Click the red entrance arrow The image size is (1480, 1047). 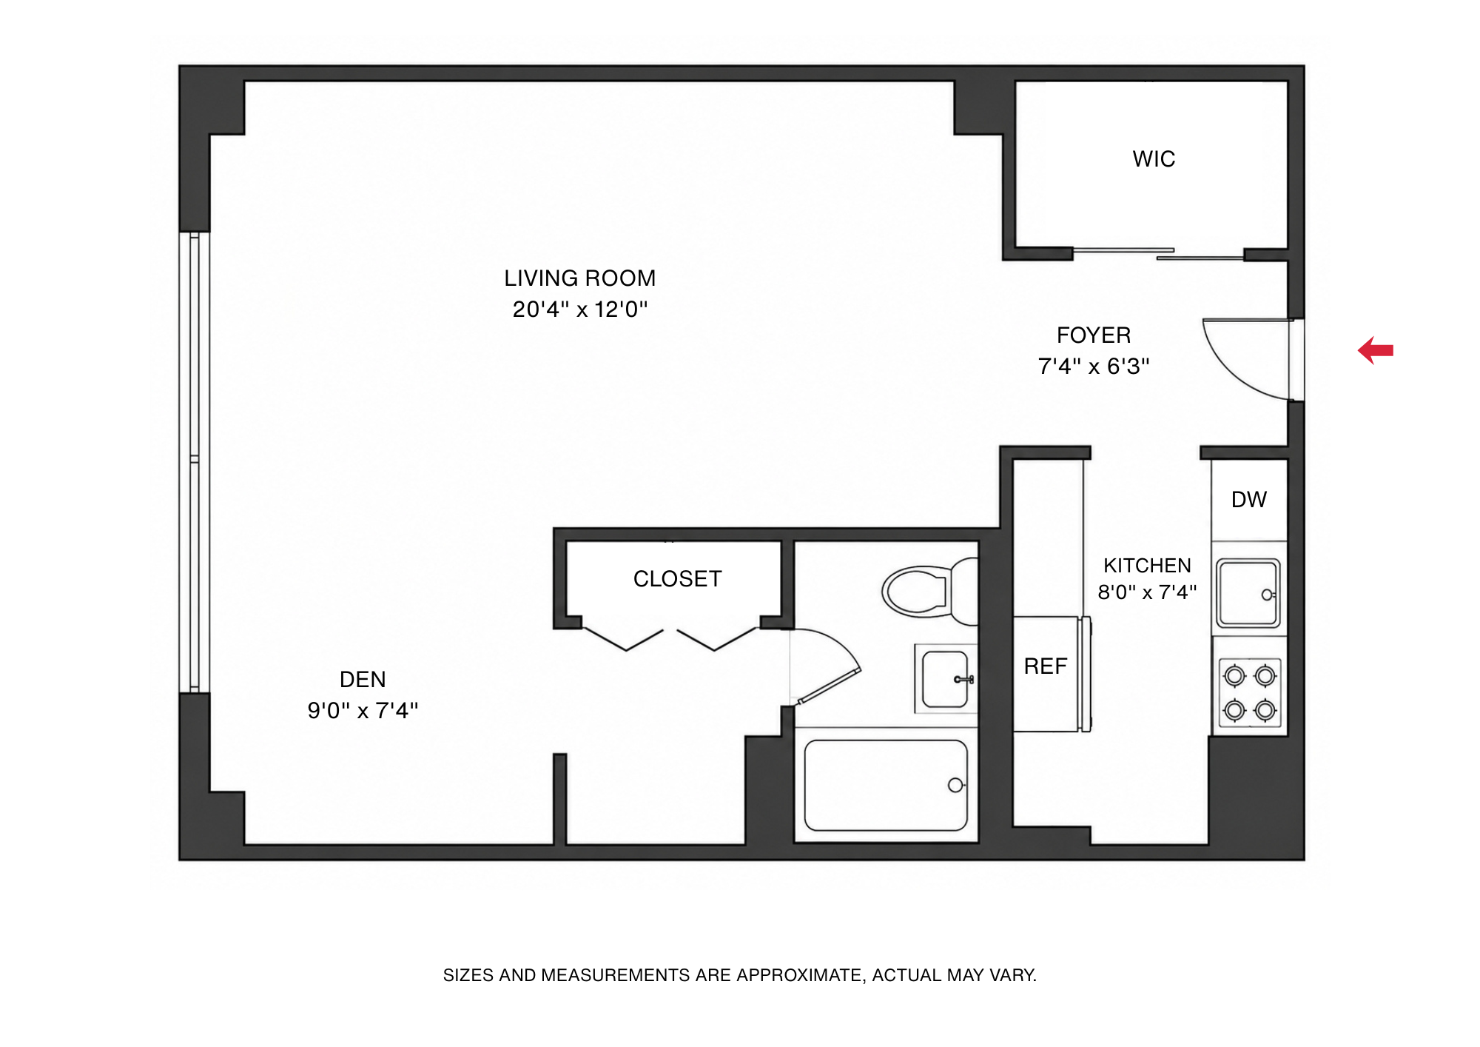click(1376, 350)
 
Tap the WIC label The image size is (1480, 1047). click(1154, 159)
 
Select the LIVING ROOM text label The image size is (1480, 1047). click(580, 278)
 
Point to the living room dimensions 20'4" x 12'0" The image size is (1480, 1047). click(580, 310)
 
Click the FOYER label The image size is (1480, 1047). click(1094, 335)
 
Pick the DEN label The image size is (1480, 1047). click(363, 680)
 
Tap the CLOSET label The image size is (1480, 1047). click(677, 579)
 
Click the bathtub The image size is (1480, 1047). click(886, 786)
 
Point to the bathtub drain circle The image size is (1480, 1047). click(955, 786)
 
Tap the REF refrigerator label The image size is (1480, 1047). click(1045, 666)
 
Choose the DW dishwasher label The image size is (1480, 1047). click(1249, 500)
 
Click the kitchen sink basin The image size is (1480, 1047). click(1248, 594)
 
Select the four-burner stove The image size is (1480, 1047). click(1250, 693)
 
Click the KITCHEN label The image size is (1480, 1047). click(1147, 566)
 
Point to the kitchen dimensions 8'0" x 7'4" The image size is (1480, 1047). click(1147, 592)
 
